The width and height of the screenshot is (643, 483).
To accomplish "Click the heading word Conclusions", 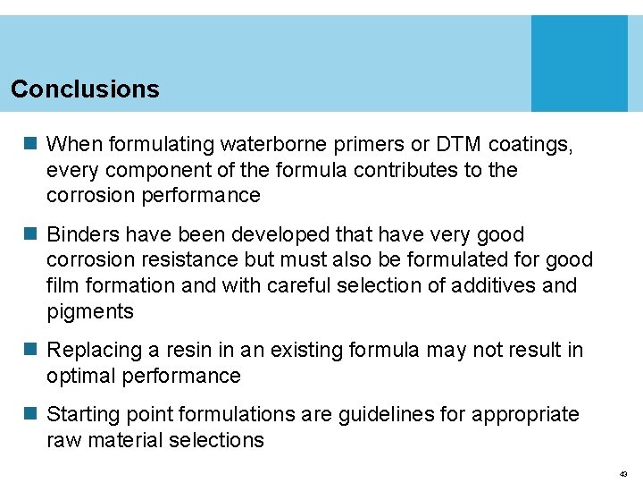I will click(x=85, y=89).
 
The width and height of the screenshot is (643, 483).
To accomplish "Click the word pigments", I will click(x=90, y=312).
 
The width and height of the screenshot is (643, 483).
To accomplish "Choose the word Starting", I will click(x=84, y=414).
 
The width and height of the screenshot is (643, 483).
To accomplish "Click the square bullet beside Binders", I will click(x=29, y=235).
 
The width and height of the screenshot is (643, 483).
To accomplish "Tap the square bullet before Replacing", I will click(x=29, y=351).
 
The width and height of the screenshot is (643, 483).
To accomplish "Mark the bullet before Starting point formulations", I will click(x=29, y=415).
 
